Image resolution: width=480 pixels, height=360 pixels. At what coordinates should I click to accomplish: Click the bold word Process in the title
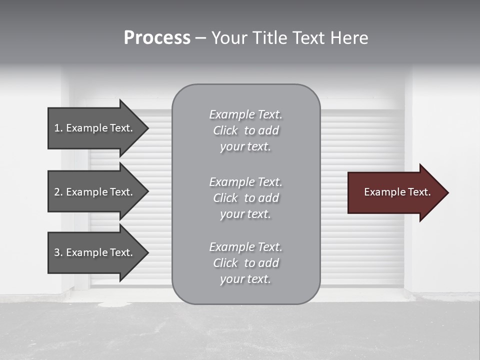[157, 38]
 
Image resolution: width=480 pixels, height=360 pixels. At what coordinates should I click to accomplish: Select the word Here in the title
[349, 38]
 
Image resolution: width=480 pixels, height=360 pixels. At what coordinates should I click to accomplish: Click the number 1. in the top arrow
[58, 128]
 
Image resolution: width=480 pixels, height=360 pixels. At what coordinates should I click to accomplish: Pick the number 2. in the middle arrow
[58, 192]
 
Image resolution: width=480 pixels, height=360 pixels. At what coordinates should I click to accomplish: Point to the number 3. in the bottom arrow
[58, 252]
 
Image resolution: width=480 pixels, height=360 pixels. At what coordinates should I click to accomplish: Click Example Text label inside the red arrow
[397, 192]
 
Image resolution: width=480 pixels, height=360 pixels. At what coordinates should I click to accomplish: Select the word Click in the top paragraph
[225, 131]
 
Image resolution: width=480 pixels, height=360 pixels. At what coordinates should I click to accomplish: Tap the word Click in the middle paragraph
[225, 198]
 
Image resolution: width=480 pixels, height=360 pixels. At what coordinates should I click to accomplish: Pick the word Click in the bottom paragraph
[225, 263]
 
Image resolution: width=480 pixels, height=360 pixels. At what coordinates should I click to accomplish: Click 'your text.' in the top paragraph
[245, 147]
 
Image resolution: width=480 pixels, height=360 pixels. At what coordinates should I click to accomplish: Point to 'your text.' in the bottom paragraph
[245, 279]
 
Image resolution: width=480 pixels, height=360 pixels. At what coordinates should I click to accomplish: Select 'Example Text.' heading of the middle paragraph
[245, 182]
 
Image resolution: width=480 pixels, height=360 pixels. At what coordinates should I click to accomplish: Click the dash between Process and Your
[200, 38]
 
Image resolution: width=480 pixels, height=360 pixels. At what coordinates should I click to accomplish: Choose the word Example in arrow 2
[86, 192]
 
